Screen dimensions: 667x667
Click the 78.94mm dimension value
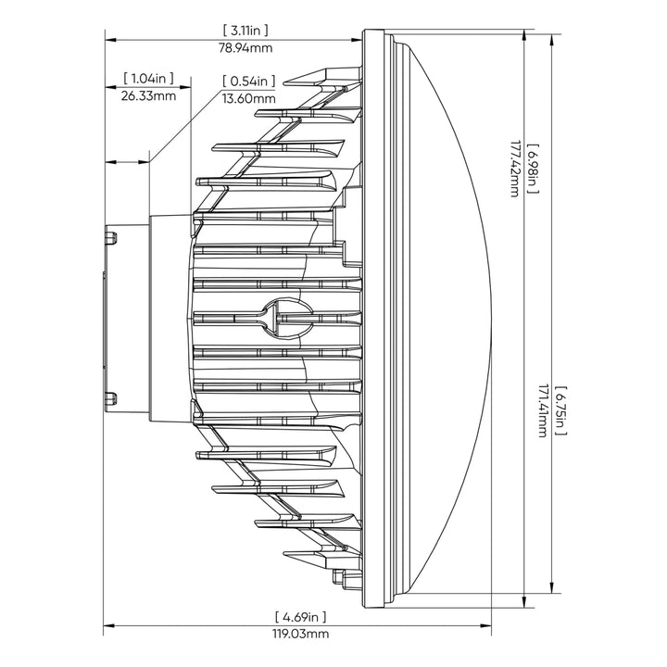pos(245,47)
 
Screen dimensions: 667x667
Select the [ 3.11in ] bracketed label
pos(245,31)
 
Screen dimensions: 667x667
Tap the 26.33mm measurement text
pos(148,95)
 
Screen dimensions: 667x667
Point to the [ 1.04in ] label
pos(148,78)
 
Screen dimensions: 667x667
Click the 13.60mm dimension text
pos(249,99)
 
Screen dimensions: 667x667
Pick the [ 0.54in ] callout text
pos(249,81)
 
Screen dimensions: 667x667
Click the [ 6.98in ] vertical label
pos(533,169)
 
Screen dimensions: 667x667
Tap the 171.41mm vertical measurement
pos(543,411)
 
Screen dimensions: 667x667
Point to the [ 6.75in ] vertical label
pos(561,411)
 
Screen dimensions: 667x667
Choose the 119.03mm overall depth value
pos(301,634)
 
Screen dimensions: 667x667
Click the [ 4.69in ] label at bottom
pos(301,616)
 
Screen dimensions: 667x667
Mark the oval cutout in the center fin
pos(288,318)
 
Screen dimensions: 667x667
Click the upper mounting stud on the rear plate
pos(111,237)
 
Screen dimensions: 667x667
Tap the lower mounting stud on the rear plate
pos(111,398)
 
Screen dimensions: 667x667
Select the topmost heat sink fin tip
pos(284,83)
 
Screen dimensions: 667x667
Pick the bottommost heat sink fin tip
pos(284,553)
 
